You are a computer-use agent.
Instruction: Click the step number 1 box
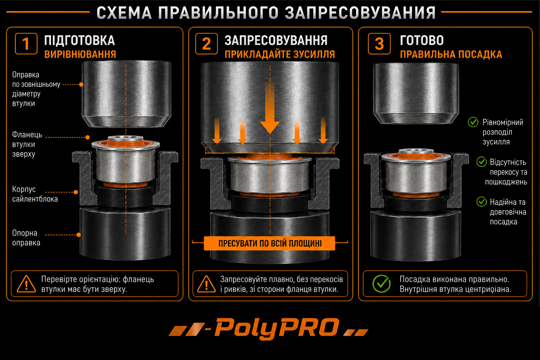point(26,44)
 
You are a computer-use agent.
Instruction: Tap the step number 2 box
point(206,44)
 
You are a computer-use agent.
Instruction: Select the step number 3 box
point(379,44)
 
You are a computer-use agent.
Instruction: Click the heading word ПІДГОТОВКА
point(79,40)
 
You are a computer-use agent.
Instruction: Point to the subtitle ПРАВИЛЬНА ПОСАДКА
point(451,54)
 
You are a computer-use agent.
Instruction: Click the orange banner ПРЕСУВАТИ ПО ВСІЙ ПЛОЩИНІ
point(270,243)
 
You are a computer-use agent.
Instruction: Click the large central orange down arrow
point(270,109)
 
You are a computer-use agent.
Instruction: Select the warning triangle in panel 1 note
point(26,284)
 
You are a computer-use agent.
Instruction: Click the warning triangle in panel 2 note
point(206,284)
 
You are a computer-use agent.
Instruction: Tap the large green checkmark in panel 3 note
point(381,284)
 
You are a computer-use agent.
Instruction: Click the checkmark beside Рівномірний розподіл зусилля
point(473,122)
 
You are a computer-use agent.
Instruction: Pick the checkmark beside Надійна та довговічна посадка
point(482,201)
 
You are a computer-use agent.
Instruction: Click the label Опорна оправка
point(26,238)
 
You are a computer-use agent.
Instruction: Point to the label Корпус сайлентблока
point(35,194)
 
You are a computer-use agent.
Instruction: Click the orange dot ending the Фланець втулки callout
point(88,137)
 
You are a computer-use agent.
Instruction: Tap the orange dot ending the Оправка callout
point(81,85)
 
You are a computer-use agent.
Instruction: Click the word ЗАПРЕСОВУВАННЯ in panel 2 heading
point(276,40)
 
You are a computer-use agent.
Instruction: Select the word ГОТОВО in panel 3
point(422,40)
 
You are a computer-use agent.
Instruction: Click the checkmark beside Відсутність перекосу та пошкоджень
point(482,162)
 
